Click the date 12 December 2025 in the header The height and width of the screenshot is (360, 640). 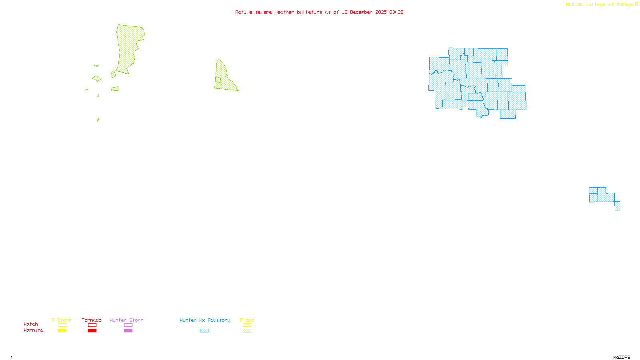coord(364,12)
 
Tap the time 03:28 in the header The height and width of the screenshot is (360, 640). coord(396,12)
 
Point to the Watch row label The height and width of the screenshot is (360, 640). coord(31,324)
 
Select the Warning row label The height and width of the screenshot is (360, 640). coord(33,330)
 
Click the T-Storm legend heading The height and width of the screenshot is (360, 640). coord(62,320)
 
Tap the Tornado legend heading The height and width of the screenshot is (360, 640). coord(92,320)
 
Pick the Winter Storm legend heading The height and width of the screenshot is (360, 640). coord(126,320)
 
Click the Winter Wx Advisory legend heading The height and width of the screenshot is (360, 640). coord(205,320)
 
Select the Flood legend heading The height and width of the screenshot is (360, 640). coord(247,320)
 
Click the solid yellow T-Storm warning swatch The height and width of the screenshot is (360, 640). coord(62,331)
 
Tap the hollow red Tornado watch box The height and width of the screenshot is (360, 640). coord(92,325)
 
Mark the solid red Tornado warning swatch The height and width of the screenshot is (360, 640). coord(92,331)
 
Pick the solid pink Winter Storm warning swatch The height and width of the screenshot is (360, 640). coord(128,331)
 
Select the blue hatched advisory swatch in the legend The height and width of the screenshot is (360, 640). coord(204,331)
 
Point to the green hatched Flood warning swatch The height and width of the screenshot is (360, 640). coord(247,331)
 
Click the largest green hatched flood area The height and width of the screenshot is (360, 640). coord(128,48)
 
